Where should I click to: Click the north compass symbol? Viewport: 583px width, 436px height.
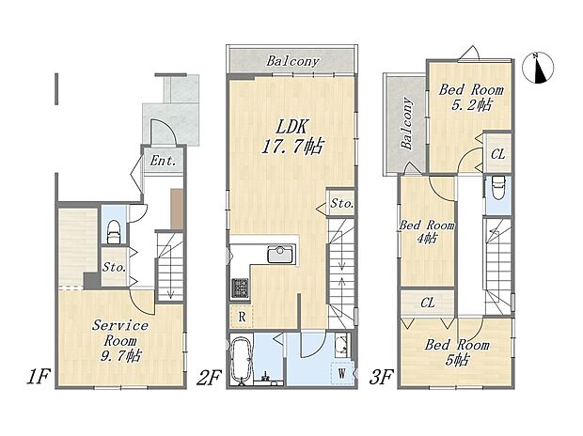538,68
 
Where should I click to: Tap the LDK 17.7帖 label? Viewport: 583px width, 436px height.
292,137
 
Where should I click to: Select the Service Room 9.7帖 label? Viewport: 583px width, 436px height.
120,340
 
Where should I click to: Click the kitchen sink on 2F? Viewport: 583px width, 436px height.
280,255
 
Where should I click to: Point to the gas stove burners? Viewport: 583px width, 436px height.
240,288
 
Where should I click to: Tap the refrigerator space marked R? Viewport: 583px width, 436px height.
242,317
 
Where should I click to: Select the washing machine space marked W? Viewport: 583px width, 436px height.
341,373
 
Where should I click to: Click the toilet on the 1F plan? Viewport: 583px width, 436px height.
114,232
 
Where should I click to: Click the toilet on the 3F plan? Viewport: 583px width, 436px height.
497,188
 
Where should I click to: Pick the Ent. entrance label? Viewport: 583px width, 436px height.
163,161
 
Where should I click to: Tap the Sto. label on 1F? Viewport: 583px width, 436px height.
114,267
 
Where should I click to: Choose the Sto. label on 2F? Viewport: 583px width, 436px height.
341,203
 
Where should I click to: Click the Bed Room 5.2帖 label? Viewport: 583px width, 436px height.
471,98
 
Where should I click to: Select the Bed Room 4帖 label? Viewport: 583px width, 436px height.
427,231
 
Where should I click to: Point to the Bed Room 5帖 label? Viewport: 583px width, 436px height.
457,352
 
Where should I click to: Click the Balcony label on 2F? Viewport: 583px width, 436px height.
292,61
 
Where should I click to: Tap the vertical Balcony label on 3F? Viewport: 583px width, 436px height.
407,124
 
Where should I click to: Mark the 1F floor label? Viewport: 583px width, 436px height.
38,377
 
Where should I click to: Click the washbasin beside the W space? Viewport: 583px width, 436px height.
341,345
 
